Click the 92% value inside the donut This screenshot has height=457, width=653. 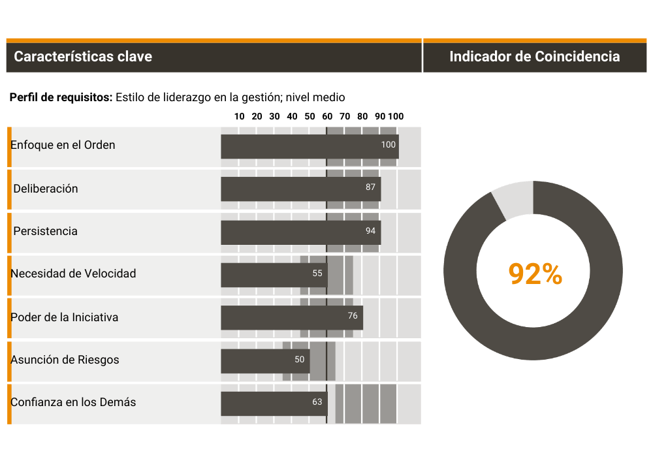[535, 274]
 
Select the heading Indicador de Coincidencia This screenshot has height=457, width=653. [534, 57]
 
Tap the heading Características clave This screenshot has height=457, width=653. [83, 57]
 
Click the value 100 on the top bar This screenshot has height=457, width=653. [389, 145]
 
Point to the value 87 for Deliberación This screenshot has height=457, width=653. [371, 187]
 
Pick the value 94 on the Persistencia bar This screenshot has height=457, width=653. [371, 231]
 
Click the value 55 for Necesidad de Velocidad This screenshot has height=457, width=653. [317, 274]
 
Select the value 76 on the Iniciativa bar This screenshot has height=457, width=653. [353, 316]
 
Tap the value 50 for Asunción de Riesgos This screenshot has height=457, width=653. [300, 359]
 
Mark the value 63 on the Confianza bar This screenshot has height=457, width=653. [317, 402]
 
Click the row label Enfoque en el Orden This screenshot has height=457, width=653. [63, 145]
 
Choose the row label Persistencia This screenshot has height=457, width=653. [45, 231]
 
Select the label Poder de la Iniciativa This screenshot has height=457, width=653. [64, 317]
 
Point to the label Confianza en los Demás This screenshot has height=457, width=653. [73, 402]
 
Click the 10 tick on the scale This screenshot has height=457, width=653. [239, 117]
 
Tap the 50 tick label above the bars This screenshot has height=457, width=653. [310, 117]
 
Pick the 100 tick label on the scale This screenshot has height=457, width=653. [396, 117]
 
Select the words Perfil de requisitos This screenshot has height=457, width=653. [61, 97]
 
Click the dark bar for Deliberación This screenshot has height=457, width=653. [294, 189]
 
